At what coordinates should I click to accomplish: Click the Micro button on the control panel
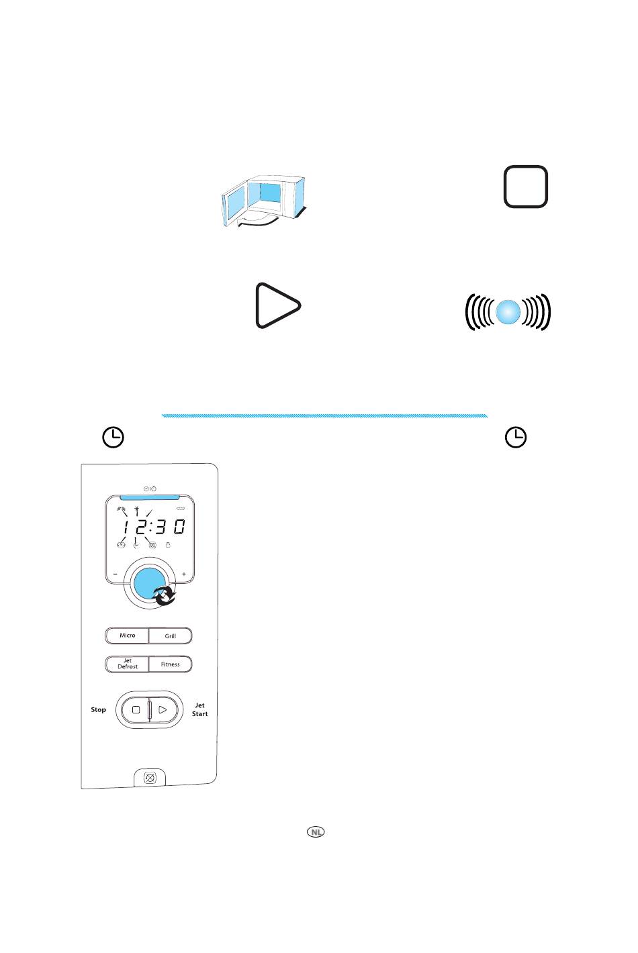point(127,635)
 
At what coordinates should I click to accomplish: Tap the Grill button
point(171,636)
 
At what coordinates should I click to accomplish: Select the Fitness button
point(171,664)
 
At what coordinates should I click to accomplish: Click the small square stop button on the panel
point(136,709)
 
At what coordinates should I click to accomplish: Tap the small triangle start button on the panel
point(162,709)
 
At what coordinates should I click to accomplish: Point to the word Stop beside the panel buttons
point(98,709)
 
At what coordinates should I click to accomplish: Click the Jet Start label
point(199,709)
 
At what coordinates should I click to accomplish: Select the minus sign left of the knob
point(116,574)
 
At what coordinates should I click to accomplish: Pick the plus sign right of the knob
point(184,574)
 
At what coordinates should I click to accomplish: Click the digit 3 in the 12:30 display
point(160,527)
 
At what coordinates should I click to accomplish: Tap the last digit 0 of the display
point(179,527)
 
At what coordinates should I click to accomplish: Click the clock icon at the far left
point(113,437)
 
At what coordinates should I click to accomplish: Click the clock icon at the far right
point(516,437)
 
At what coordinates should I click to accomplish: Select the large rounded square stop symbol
point(526,187)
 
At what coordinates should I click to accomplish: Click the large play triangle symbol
point(278,305)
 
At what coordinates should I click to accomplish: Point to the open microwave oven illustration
point(263,201)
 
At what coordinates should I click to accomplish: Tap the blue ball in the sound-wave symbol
point(508,312)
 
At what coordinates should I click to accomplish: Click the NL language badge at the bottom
point(316,832)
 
